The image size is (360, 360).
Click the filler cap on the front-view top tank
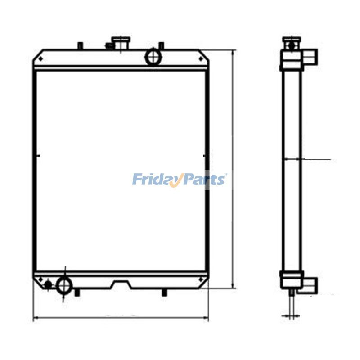pos(121,42)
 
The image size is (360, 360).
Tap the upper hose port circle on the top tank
pos(153,57)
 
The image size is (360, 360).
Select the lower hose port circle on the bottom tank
pos(64,285)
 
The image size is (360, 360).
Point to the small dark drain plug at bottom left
pos(49,284)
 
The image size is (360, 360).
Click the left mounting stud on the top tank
pos(80,45)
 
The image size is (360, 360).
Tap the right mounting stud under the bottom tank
pos(164,293)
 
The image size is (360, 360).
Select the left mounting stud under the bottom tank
pos(77,293)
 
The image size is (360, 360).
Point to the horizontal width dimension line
pos(121,318)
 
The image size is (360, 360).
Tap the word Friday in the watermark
pos(155,180)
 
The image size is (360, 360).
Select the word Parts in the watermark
pos(205,180)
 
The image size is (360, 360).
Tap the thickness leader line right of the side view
pos(317,159)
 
